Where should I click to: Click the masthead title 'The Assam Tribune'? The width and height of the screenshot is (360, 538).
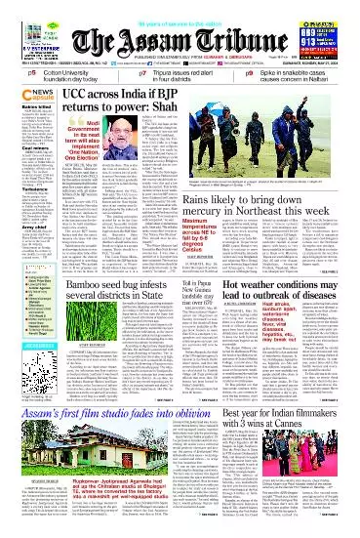point(180,38)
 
